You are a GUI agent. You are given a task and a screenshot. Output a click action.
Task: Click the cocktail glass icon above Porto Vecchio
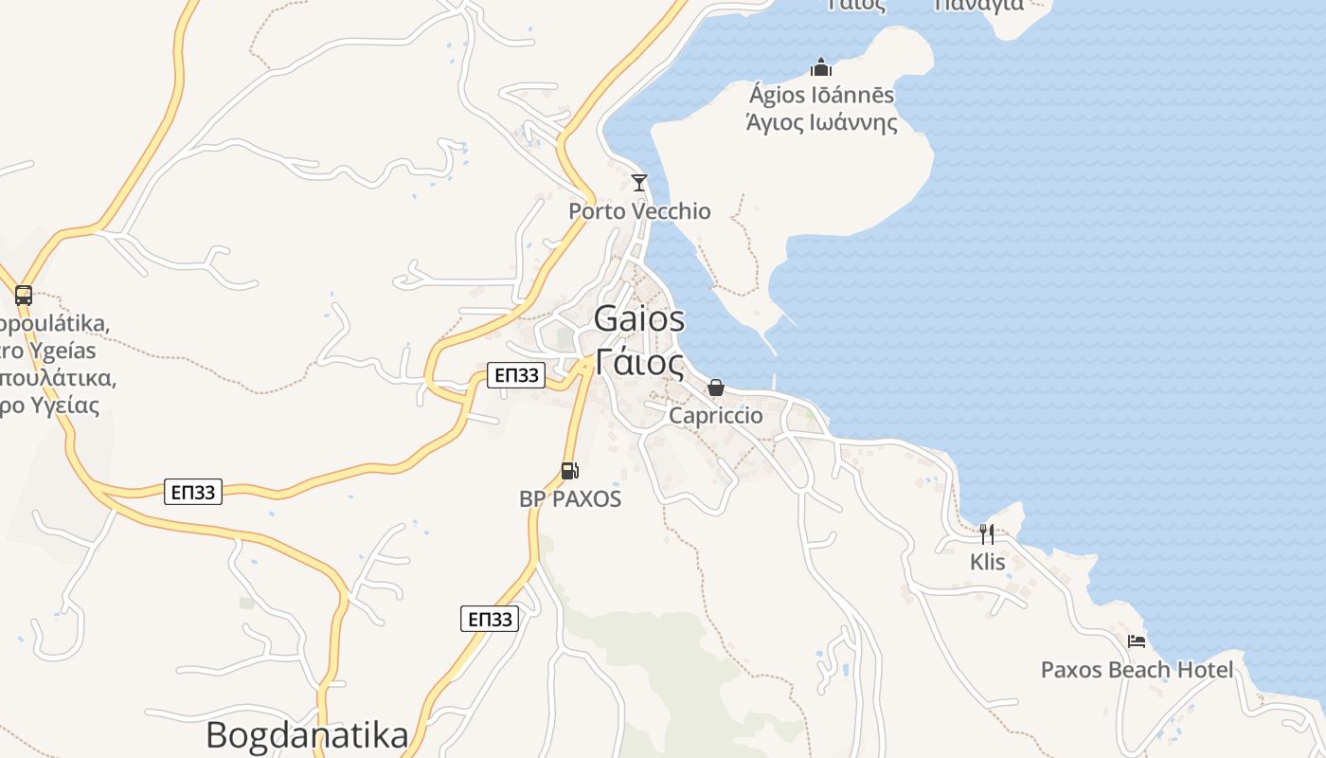pos(639,182)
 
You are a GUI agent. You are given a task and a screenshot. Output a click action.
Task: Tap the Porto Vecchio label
pos(639,210)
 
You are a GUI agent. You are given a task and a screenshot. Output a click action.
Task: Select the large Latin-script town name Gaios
pos(639,319)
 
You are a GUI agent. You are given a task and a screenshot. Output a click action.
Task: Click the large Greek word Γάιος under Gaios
pos(639,362)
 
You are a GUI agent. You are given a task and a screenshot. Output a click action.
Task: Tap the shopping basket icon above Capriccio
pos(716,388)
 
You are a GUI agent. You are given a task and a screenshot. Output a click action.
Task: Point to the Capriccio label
pos(716,415)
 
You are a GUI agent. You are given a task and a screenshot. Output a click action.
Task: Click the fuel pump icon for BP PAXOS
pos(569,470)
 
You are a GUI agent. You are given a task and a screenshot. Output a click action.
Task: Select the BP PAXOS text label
pos(570,498)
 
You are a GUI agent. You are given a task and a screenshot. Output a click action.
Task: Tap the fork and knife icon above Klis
pos(986,532)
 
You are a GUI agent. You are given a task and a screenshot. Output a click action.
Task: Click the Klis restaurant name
pos(987,562)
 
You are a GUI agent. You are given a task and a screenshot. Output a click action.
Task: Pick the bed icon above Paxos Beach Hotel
pos(1137,641)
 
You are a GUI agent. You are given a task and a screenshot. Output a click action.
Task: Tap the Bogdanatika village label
pos(307,735)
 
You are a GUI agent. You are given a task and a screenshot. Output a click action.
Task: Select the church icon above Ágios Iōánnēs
pos(820,67)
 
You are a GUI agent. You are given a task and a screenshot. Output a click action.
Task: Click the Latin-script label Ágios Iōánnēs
pos(821,95)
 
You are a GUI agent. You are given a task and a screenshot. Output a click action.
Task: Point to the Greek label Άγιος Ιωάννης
pos(821,122)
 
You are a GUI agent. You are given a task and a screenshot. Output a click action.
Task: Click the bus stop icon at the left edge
pos(24,296)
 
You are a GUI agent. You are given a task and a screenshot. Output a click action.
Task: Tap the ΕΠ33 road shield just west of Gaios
pos(517,375)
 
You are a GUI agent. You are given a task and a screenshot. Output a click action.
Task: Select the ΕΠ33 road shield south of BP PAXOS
pos(491,620)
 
